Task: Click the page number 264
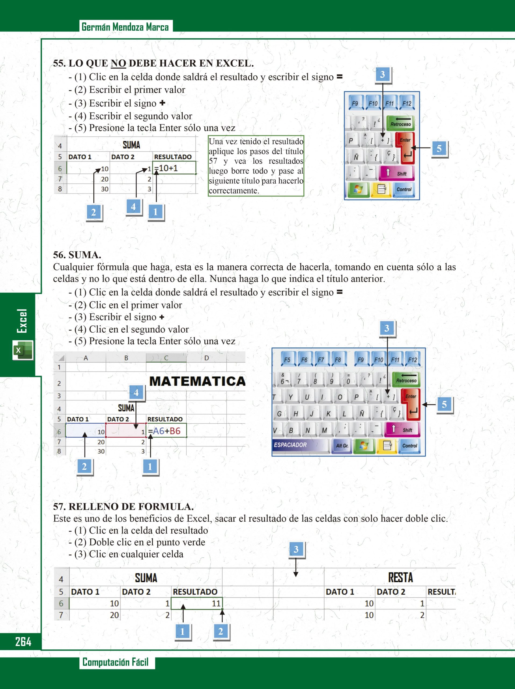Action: point(23,642)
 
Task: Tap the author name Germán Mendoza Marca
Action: point(125,27)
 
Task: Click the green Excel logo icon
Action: point(23,350)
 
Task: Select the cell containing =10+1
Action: point(174,168)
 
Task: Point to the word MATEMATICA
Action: point(197,381)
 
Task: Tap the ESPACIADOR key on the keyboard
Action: point(300,445)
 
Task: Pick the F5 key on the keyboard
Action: point(287,360)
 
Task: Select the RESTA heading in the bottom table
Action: point(400,578)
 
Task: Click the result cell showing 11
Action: point(197,603)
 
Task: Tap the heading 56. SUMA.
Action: point(77,255)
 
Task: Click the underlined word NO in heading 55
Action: point(118,63)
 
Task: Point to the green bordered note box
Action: point(256,166)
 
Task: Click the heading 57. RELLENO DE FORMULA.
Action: point(123,507)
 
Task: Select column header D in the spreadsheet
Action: point(206,358)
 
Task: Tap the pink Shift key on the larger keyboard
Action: point(403,430)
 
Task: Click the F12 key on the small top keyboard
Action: point(407,103)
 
